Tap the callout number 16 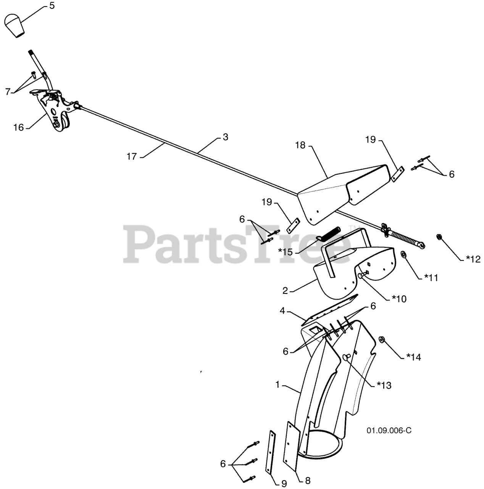click(19, 127)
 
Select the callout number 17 click(132, 156)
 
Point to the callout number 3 click(225, 137)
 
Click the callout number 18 click(300, 145)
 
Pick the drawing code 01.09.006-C click(389, 431)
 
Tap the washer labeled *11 click(403, 254)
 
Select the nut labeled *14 click(381, 339)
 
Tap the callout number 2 click(285, 291)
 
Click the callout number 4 click(282, 311)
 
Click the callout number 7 click(8, 92)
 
